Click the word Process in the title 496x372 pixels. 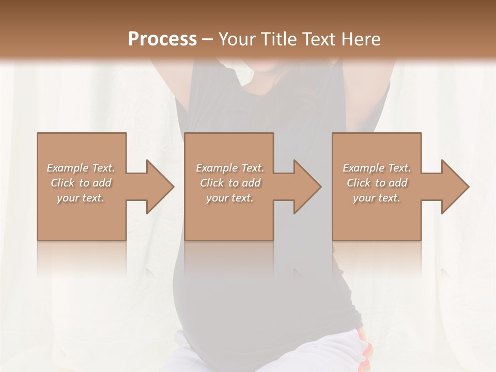(x=162, y=39)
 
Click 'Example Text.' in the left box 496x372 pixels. (x=81, y=168)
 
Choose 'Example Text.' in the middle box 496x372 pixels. (x=230, y=168)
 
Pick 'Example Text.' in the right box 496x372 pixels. (x=377, y=168)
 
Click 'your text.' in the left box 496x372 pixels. (x=81, y=198)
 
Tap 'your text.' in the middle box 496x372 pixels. (x=229, y=198)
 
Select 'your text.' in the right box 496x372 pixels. (x=377, y=198)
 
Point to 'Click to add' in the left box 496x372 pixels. (x=81, y=183)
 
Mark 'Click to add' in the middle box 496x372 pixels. (x=230, y=183)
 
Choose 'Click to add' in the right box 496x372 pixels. (x=377, y=183)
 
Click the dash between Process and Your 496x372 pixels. (x=208, y=39)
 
